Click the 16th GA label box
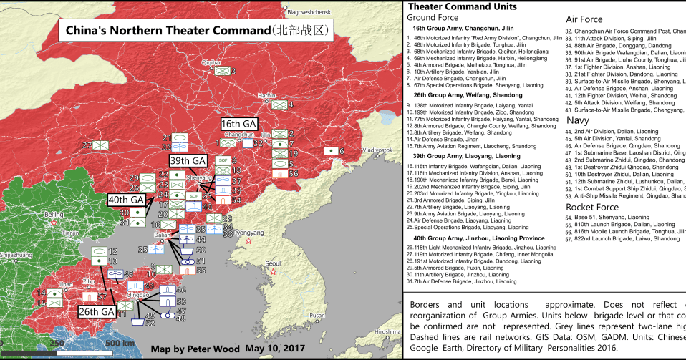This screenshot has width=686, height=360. tap(238, 123)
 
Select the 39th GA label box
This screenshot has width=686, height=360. tap(188, 160)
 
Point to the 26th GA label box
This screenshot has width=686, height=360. tap(98, 311)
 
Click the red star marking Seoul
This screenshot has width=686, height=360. tap(273, 271)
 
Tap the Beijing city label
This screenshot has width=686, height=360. tap(54, 214)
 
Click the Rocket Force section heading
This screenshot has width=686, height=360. tap(592, 207)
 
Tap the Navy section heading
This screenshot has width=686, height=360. tap(578, 121)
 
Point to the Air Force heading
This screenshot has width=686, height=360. tap(584, 19)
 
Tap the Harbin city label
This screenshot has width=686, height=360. tap(266, 95)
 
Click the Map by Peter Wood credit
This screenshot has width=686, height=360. tap(195, 349)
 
